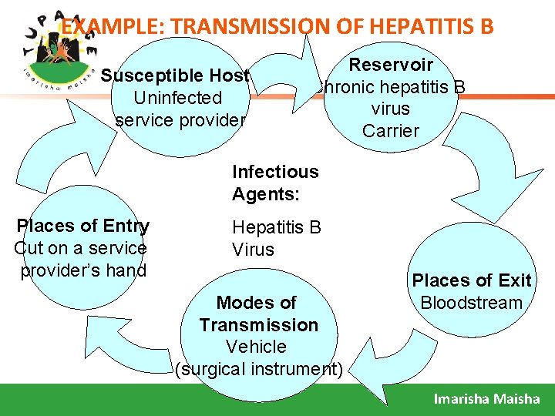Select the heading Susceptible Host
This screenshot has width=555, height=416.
[x=176, y=75]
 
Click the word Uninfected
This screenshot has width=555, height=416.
[x=177, y=98]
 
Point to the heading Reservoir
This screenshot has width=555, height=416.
[x=391, y=65]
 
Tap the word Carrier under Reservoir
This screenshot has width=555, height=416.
[x=391, y=130]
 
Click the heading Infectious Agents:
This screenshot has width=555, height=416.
[x=274, y=183]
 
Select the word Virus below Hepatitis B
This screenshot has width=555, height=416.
[x=253, y=250]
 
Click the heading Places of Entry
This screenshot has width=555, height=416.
[x=83, y=226]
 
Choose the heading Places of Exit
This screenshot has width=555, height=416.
[x=472, y=280]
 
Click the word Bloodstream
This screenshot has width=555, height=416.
[x=472, y=302]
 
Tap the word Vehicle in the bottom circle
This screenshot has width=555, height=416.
[x=257, y=347]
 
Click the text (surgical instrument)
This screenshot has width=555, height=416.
[x=258, y=369]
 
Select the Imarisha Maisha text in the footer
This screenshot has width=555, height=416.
[x=486, y=398]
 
